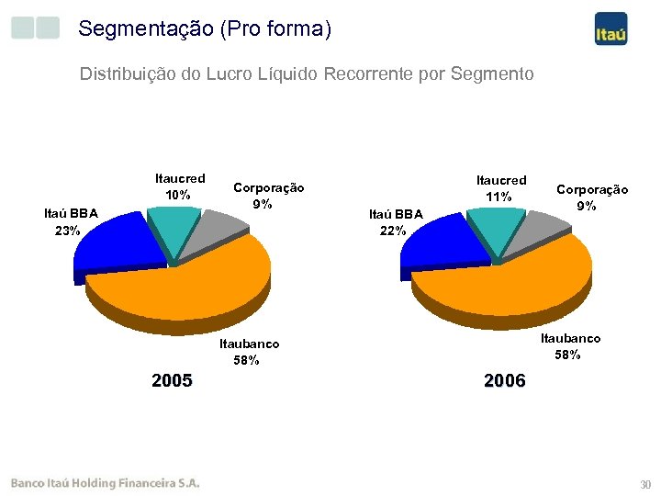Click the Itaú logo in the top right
[x=611, y=30]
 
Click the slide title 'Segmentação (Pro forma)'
[x=205, y=29]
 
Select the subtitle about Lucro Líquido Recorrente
[x=307, y=73]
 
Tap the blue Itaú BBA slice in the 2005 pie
[x=115, y=241]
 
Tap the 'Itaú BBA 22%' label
[x=396, y=222]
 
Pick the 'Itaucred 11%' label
[x=501, y=188]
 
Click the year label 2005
[x=172, y=380]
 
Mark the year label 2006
[x=504, y=380]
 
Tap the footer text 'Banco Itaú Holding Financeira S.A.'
[x=105, y=483]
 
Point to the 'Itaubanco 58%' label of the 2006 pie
[x=570, y=346]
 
